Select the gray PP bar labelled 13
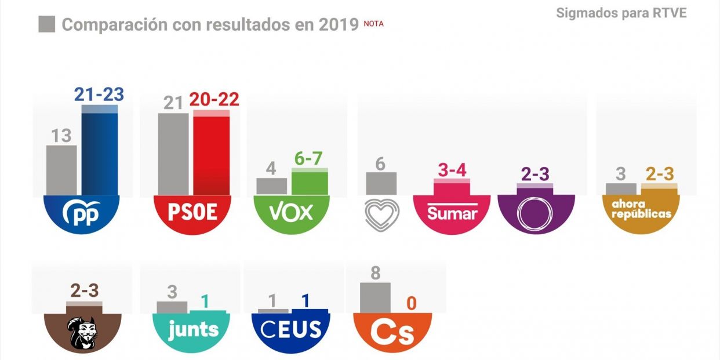click(61, 169)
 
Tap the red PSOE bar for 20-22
click(211, 153)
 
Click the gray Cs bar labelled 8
click(375, 297)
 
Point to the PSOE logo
click(192, 213)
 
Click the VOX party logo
click(292, 213)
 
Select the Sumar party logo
click(452, 213)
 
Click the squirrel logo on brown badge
click(83, 333)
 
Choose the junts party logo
click(193, 330)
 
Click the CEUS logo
click(291, 330)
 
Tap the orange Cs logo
click(392, 332)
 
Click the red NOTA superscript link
click(373, 24)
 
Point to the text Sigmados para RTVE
click(621, 13)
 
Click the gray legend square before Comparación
click(46, 24)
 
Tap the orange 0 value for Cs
click(410, 303)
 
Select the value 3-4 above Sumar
click(452, 170)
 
